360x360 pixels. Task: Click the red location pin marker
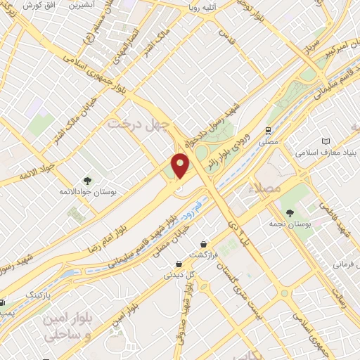pyautogui.click(x=181, y=166)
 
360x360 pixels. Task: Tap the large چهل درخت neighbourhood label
pyautogui.click(x=139, y=124)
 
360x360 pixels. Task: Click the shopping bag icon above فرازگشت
pyautogui.click(x=204, y=244)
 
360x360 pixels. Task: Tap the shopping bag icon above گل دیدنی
pyautogui.click(x=179, y=265)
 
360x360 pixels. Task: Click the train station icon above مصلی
pyautogui.click(x=268, y=131)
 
